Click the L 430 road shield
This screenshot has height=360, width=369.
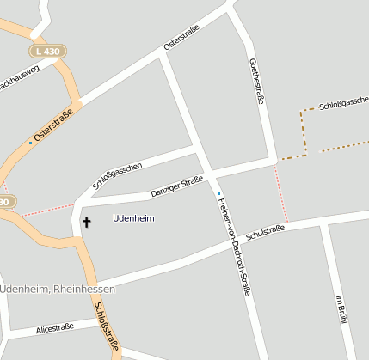tap(52, 52)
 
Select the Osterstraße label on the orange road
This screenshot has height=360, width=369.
tap(52, 125)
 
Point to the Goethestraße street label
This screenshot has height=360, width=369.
tap(256, 82)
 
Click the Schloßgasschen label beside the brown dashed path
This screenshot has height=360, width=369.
tap(343, 105)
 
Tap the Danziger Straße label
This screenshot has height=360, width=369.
tap(176, 186)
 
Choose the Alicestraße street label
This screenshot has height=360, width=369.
tap(54, 327)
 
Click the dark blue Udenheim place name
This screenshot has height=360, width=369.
tap(133, 218)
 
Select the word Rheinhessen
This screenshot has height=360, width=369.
tap(84, 289)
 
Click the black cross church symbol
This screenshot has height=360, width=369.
tap(85, 223)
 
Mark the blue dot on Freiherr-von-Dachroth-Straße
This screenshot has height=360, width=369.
tap(218, 193)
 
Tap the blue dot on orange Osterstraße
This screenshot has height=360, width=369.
tap(30, 143)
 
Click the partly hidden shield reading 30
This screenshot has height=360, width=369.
tap(6, 202)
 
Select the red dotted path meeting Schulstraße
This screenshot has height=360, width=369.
tap(280, 194)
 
